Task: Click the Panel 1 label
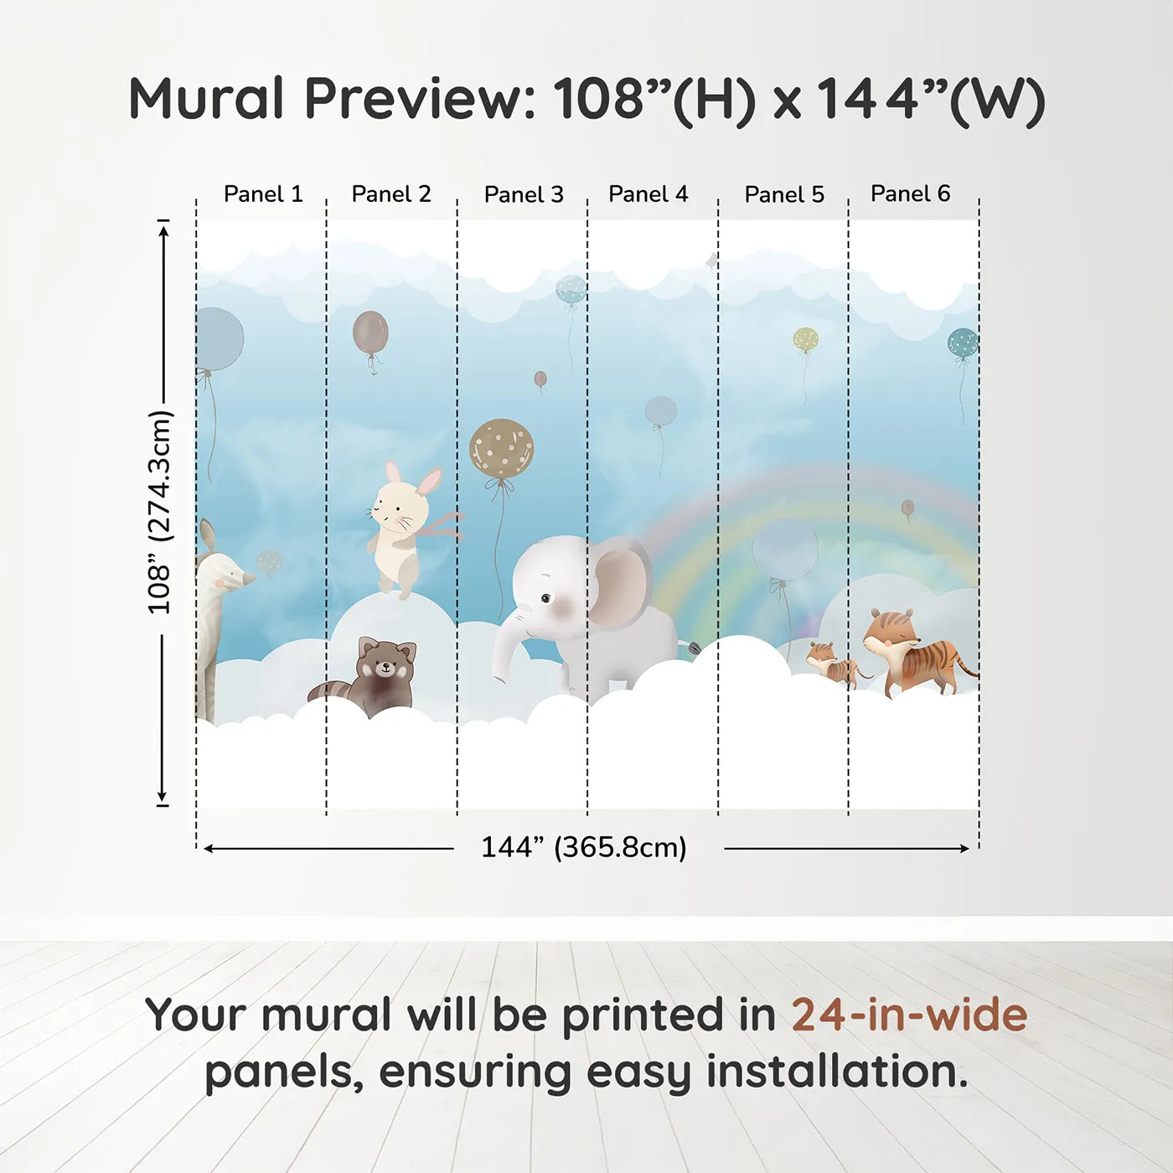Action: (263, 194)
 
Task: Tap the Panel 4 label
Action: (649, 194)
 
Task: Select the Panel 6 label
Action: (910, 194)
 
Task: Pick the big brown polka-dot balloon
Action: (501, 449)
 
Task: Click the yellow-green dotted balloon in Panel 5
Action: (805, 339)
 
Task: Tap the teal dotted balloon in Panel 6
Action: (963, 342)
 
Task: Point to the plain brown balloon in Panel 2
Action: (370, 333)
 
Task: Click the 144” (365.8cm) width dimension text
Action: (584, 847)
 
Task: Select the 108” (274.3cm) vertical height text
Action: (159, 512)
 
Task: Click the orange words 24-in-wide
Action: (909, 1015)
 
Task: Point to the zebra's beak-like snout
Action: (245, 577)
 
